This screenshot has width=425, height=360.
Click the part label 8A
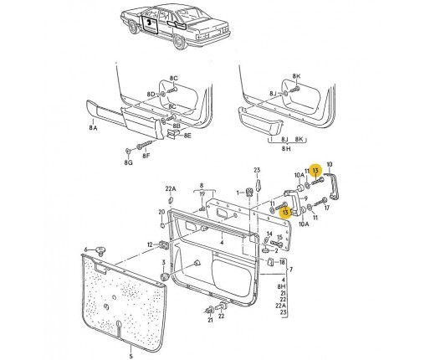click(x=94, y=128)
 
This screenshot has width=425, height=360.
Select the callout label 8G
click(x=129, y=162)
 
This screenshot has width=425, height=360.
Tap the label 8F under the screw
click(x=146, y=156)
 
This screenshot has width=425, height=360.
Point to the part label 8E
click(x=187, y=136)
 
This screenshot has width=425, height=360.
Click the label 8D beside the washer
click(x=151, y=95)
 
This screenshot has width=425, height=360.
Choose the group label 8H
click(x=286, y=149)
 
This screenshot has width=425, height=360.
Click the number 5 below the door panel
click(x=131, y=356)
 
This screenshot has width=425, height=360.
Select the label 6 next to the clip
click(x=86, y=249)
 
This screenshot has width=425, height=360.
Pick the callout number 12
click(x=150, y=244)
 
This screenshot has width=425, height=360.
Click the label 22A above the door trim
click(x=171, y=189)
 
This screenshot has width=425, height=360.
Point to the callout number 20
click(x=161, y=213)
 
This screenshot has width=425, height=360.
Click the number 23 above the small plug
click(x=257, y=170)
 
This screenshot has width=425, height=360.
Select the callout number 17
click(x=327, y=208)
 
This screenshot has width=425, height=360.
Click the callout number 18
click(x=282, y=262)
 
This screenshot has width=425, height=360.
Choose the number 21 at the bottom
click(x=210, y=321)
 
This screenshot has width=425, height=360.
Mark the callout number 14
click(x=269, y=234)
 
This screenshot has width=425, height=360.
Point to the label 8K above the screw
click(x=296, y=76)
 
